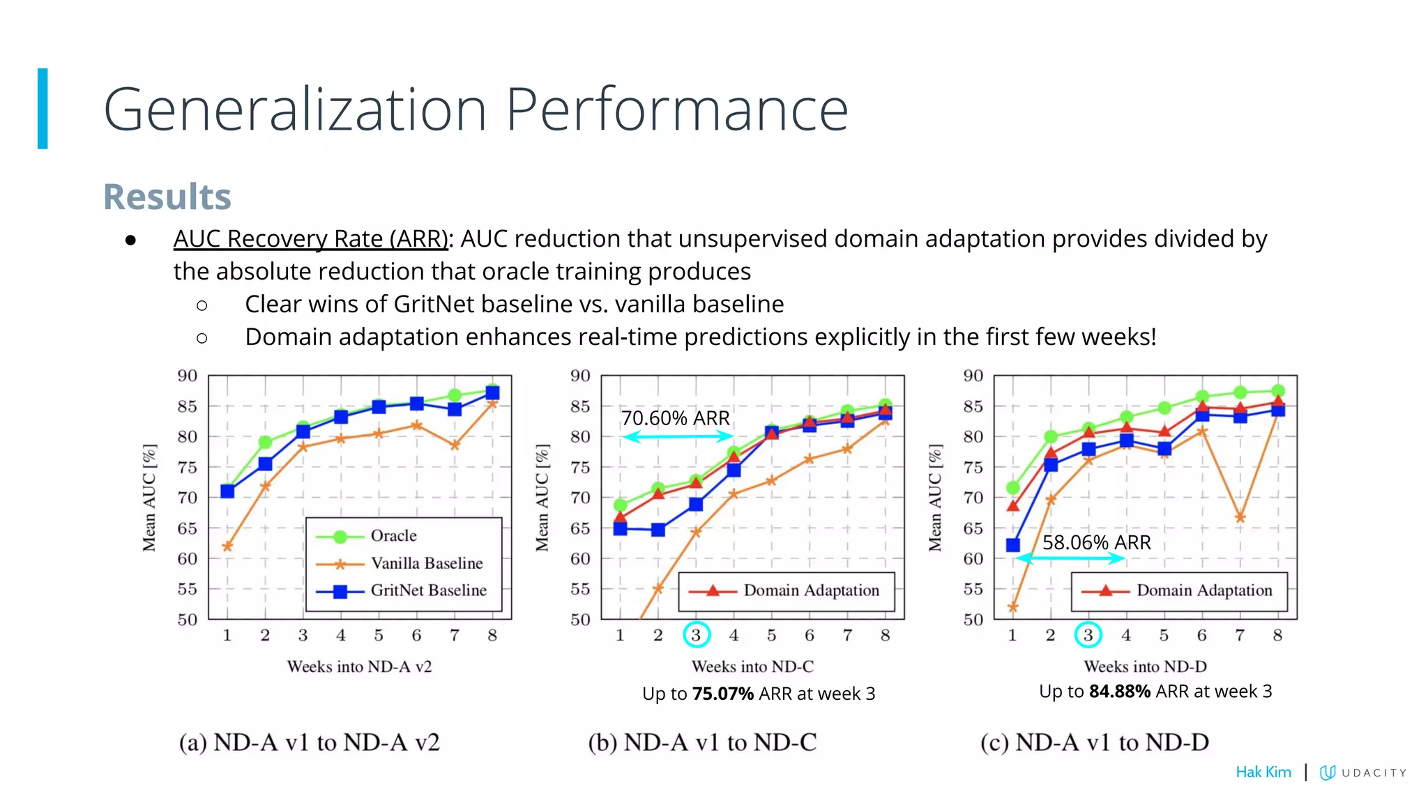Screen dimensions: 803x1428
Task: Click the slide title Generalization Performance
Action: click(x=476, y=109)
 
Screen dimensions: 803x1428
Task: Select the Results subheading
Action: click(x=167, y=197)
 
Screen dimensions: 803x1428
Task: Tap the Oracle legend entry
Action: click(x=393, y=536)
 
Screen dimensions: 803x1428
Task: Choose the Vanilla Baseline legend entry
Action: click(x=426, y=563)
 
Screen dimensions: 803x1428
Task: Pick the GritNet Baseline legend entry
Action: click(x=428, y=590)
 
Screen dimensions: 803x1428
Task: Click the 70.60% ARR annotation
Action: click(x=675, y=418)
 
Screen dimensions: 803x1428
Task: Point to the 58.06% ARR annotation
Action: click(x=1096, y=542)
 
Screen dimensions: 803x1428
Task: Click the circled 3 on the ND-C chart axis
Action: click(x=696, y=635)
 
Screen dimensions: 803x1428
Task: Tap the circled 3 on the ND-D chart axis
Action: click(x=1088, y=635)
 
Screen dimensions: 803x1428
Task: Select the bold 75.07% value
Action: click(x=723, y=694)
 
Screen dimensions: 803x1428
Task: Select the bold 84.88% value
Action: click(x=1120, y=691)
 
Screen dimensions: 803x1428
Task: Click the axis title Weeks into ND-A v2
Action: click(x=359, y=667)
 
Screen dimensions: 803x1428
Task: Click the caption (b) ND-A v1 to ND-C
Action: click(x=702, y=743)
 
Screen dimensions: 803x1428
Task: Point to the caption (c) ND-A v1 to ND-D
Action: click(x=1094, y=743)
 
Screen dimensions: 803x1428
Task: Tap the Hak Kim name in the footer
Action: click(x=1263, y=772)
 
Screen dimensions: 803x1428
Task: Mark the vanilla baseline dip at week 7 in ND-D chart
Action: click(x=1240, y=518)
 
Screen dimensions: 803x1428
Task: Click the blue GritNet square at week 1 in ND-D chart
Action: click(x=1013, y=545)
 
